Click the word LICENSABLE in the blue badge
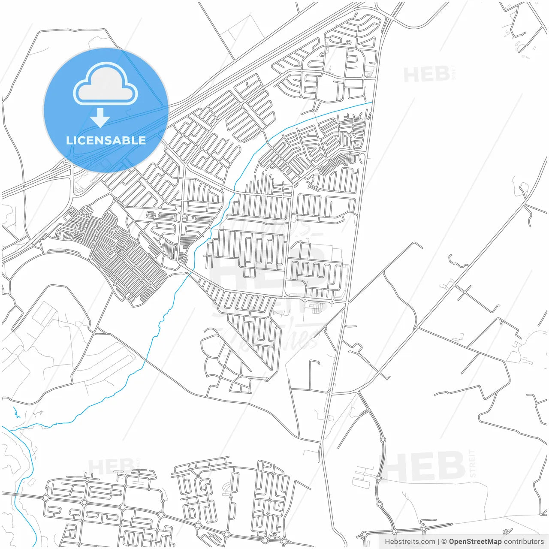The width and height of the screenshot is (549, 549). pyautogui.click(x=106, y=140)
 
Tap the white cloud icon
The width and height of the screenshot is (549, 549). pyautogui.click(x=106, y=84)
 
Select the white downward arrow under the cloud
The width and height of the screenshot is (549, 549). pyautogui.click(x=100, y=118)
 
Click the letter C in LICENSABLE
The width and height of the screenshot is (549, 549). pyautogui.click(x=85, y=140)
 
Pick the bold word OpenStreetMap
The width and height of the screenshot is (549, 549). pyautogui.click(x=475, y=542)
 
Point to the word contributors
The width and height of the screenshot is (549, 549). pyautogui.click(x=523, y=542)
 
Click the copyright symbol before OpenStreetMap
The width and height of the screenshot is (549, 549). pyautogui.click(x=444, y=542)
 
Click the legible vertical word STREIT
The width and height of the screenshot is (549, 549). pyautogui.click(x=473, y=464)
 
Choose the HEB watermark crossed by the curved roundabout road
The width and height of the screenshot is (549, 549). pyautogui.click(x=422, y=466)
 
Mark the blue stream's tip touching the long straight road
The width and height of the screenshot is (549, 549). pyautogui.click(x=371, y=103)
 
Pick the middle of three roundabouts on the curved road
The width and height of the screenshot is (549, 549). pyautogui.click(x=378, y=477)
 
